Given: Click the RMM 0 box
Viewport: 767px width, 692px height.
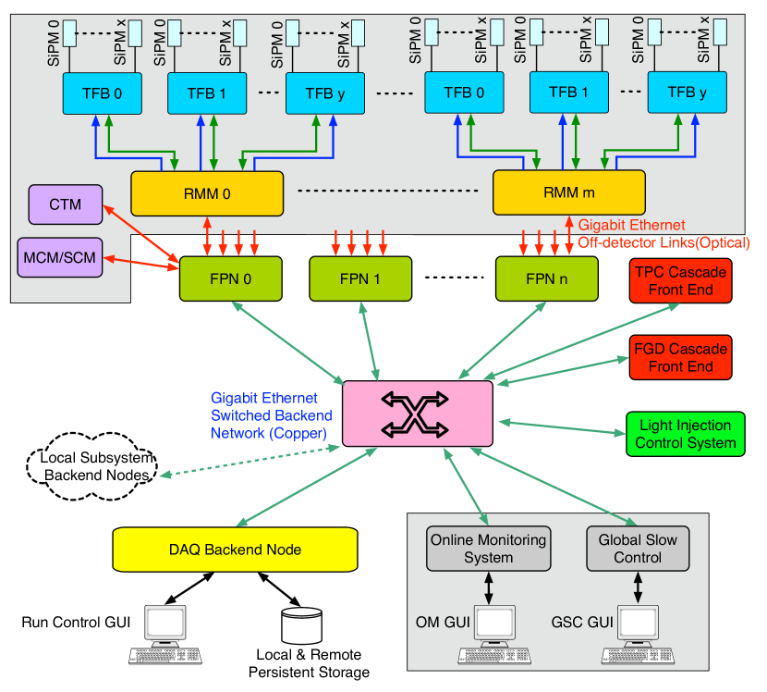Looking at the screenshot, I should [206, 193].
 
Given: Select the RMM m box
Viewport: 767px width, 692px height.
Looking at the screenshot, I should [568, 192].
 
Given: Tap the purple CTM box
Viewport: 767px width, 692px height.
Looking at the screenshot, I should [65, 204].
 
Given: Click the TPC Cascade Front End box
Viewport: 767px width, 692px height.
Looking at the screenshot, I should [680, 281].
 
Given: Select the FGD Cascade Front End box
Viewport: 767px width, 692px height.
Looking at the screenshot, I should [680, 358].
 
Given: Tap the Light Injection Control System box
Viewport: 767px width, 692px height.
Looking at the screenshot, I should [686, 434].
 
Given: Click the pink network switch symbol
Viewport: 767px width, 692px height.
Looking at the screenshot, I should [417, 413].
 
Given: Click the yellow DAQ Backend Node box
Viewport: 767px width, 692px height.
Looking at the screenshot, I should [235, 549].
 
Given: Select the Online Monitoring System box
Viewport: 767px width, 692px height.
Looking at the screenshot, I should [488, 549].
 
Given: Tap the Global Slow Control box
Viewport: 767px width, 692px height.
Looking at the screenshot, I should [638, 549].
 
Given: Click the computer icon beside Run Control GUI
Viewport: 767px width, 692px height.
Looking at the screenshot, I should [167, 635].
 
